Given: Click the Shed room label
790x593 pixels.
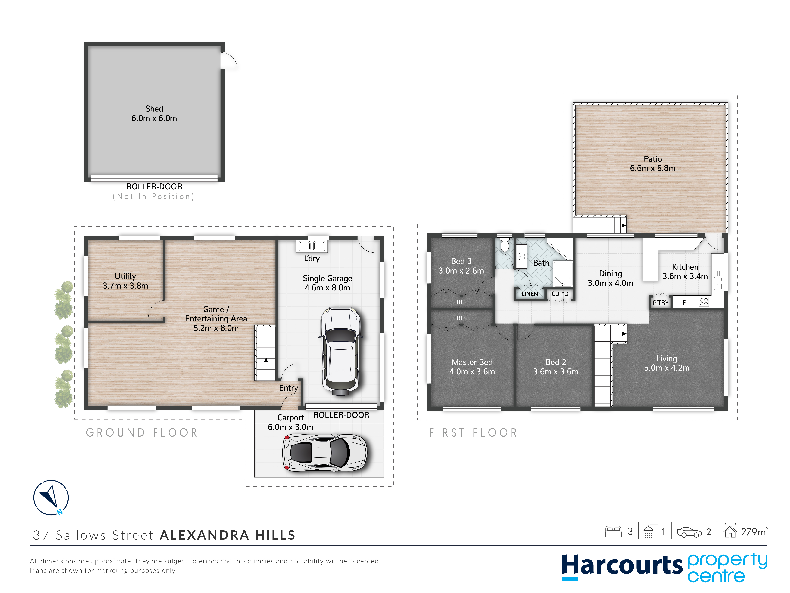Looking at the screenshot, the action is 154,109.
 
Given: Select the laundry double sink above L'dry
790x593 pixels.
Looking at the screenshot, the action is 312,246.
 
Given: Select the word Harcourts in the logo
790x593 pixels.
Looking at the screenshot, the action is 622,565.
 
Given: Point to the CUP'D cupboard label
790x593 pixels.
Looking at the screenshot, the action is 560,294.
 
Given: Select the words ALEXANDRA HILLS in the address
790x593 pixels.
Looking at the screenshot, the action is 228,535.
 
